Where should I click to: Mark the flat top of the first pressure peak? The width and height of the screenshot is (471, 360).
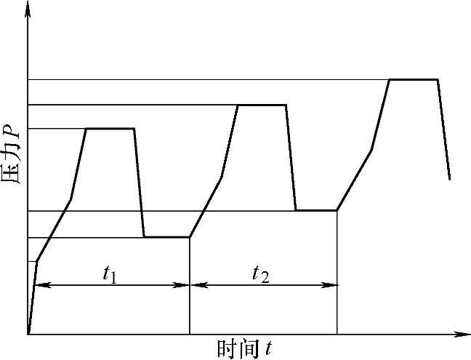pyautogui.click(x=110, y=129)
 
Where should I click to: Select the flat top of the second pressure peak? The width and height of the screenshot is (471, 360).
pyautogui.click(x=262, y=105)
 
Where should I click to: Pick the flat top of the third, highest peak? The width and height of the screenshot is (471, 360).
pyautogui.click(x=414, y=79)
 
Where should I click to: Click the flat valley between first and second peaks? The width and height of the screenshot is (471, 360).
pyautogui.click(x=166, y=237)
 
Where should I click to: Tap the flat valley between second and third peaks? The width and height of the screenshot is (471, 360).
pyautogui.click(x=316, y=211)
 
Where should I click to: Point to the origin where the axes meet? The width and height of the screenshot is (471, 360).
pyautogui.click(x=28, y=335)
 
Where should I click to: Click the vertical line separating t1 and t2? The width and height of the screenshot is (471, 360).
pyautogui.click(x=190, y=305)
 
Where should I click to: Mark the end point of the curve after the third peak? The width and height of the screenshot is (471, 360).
pyautogui.click(x=450, y=178)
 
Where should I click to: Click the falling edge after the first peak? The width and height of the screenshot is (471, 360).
pyautogui.click(x=139, y=182)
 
